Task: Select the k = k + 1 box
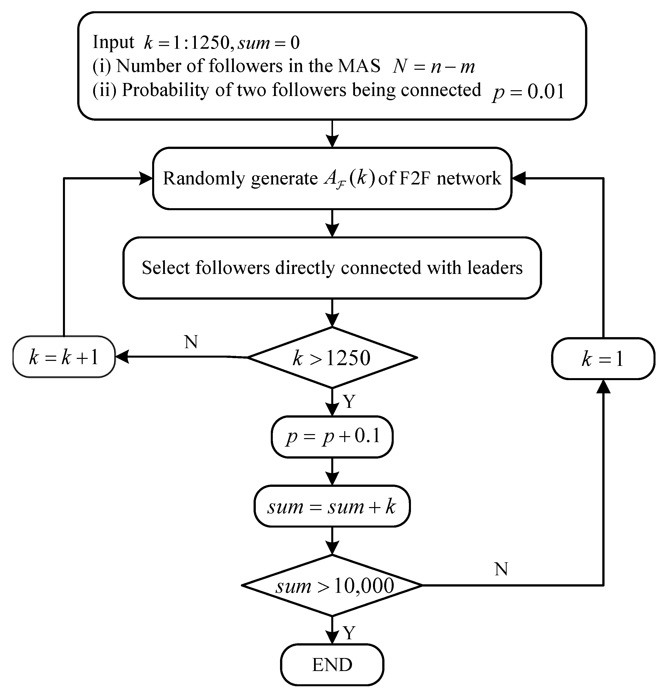(64, 357)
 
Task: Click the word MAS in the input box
(359, 66)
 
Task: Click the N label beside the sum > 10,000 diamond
(501, 569)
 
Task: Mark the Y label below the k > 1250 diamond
(349, 402)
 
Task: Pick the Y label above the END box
(349, 633)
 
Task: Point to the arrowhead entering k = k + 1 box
(121, 357)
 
